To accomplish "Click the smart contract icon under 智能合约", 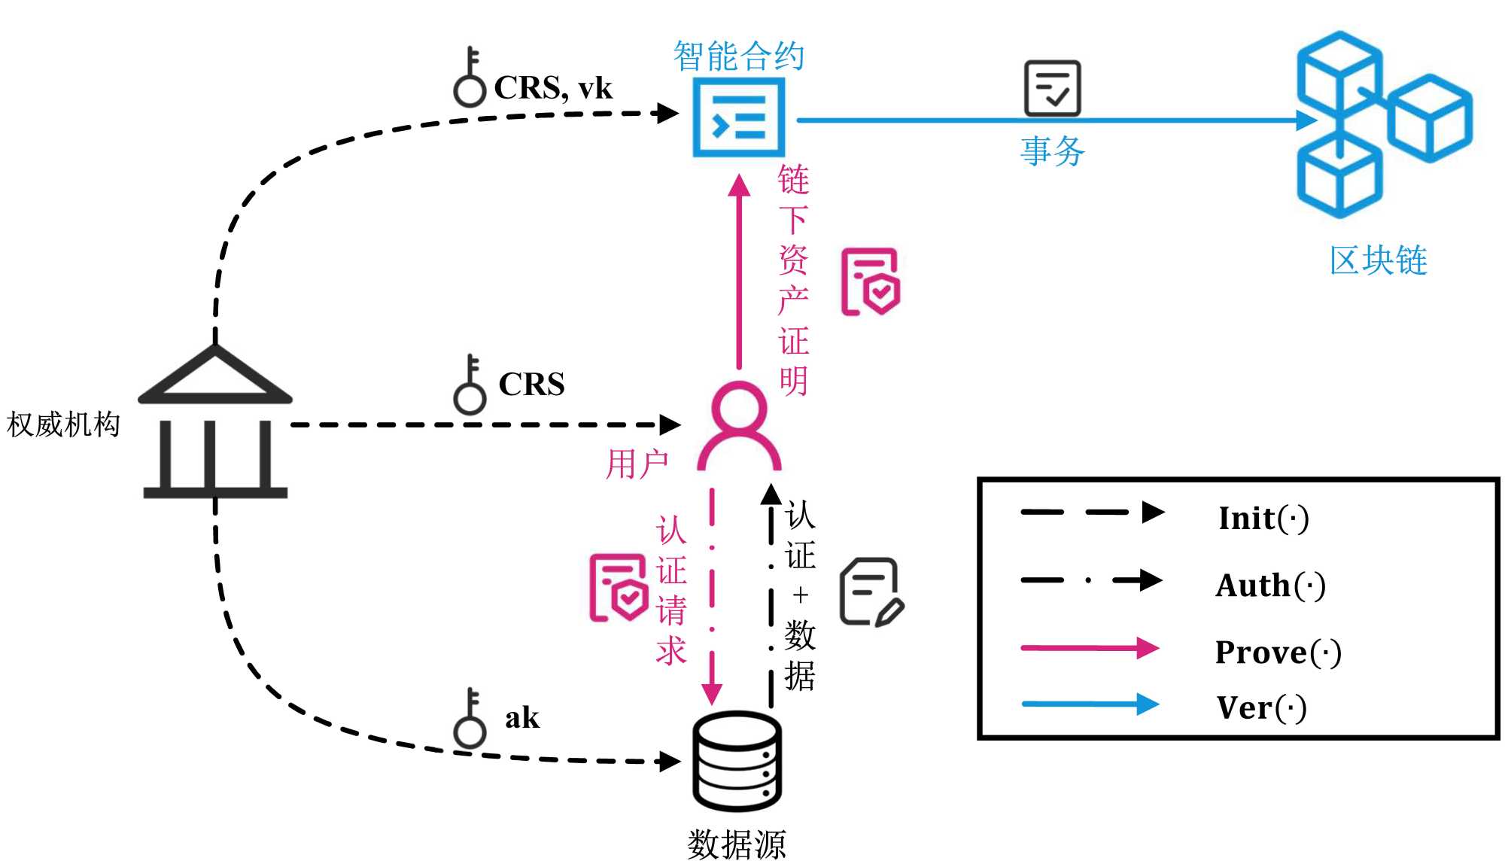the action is pos(738,117).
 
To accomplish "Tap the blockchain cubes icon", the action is pos(1383,124).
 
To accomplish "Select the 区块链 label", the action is pos(1378,260).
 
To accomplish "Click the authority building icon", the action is pos(215,421).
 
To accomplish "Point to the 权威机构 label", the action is pos(63,424).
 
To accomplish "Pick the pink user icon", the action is pos(739,426).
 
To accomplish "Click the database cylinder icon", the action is pos(737,761).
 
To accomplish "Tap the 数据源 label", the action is pos(736,844).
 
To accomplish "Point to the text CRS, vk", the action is pos(553,88).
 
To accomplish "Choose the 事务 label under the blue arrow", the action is pos(1052,151).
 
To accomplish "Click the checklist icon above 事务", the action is pos(1052,88).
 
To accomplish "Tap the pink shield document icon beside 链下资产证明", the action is pos(871,281).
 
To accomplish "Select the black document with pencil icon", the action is pos(871,592).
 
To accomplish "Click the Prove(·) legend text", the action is pos(1278,652).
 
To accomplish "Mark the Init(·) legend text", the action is pos(1264,518).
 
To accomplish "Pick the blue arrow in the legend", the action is pos(1090,704).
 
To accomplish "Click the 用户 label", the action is pos(637,464).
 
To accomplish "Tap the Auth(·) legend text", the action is pos(1271,585).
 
